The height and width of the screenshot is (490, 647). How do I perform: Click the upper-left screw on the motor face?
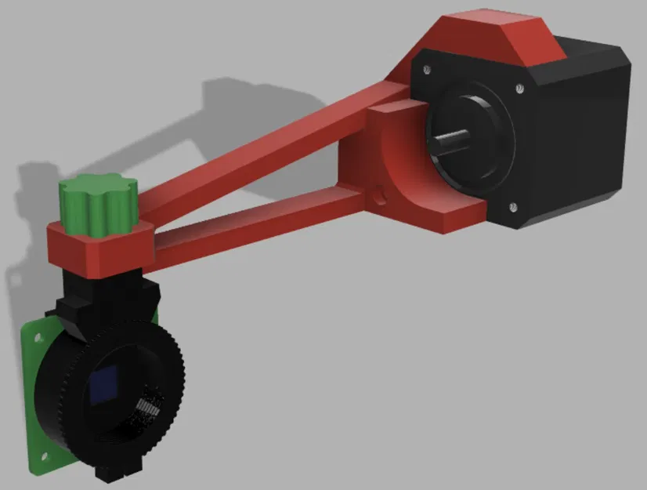(426, 70)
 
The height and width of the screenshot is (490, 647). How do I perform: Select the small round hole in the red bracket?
(381, 191)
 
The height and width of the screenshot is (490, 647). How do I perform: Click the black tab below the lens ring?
(110, 472)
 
